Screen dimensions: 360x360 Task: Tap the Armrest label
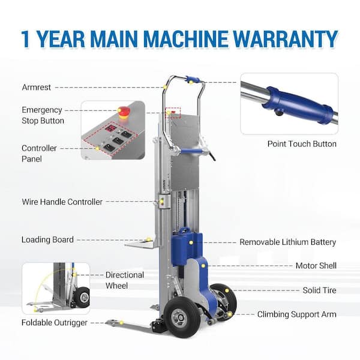pyautogui.click(x=36, y=87)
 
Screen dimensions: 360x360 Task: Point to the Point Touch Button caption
pyautogui.click(x=302, y=144)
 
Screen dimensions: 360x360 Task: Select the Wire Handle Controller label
pyautogui.click(x=62, y=202)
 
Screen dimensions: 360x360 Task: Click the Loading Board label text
pyautogui.click(x=47, y=239)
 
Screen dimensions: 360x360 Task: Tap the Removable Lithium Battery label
pyautogui.click(x=287, y=242)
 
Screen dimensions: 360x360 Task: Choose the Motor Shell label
pyautogui.click(x=316, y=266)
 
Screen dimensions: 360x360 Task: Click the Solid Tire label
pyautogui.click(x=319, y=290)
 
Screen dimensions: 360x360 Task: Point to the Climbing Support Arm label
pyautogui.click(x=296, y=314)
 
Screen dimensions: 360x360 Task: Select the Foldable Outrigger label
pyautogui.click(x=55, y=323)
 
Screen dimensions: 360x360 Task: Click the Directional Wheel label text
pyautogui.click(x=125, y=280)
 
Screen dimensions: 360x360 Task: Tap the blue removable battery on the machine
pyautogui.click(x=187, y=246)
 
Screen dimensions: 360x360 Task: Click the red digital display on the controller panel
pyautogui.click(x=110, y=128)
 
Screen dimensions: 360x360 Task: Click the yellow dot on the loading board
pyautogui.click(x=149, y=239)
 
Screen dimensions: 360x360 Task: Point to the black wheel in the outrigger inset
pyautogui.click(x=82, y=298)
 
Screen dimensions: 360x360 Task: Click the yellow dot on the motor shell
pyautogui.click(x=203, y=266)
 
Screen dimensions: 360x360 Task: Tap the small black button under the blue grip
pyautogui.click(x=279, y=113)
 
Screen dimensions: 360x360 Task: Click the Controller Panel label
pyautogui.click(x=39, y=154)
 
